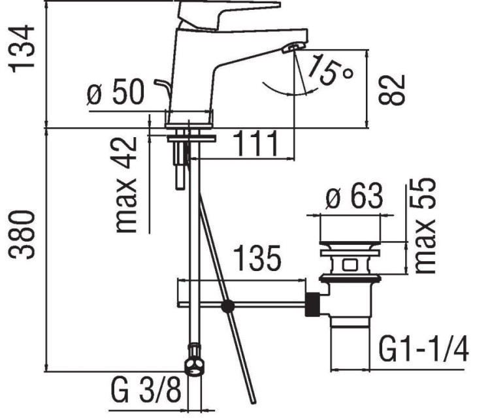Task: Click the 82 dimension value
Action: coord(393,89)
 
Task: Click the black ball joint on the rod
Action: coord(227,306)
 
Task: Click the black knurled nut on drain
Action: coord(314,305)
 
